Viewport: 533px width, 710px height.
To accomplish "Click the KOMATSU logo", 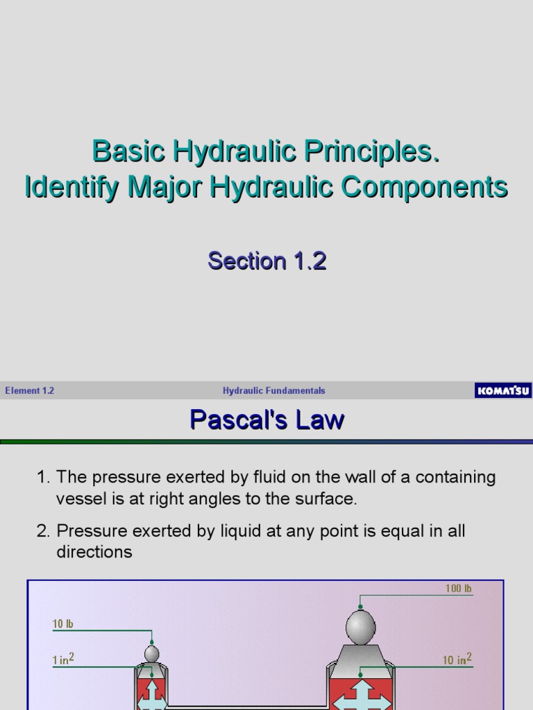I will coord(503,391).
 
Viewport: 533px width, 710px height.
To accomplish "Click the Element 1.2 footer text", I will coord(29,391).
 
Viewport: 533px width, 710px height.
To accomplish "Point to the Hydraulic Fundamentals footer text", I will coord(273,391).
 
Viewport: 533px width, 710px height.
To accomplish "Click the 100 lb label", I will coord(459,589).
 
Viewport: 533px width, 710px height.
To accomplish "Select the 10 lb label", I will coord(62,624).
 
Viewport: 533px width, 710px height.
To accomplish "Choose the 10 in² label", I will coord(457,659).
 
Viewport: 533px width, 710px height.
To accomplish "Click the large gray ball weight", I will coord(360,628).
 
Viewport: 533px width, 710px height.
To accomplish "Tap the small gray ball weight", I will coord(151,653).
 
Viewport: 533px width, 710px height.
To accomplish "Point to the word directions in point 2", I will coord(94,552).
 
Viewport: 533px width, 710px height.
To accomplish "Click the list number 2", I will coord(42,532).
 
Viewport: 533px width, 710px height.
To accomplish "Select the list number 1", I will coord(42,478).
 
